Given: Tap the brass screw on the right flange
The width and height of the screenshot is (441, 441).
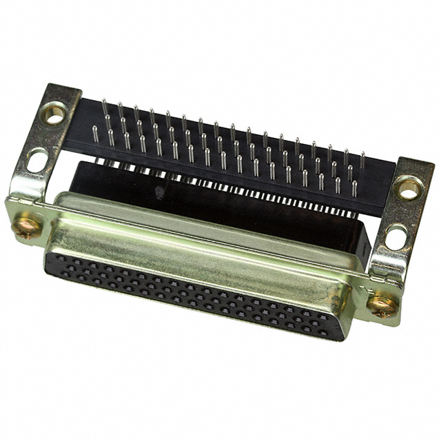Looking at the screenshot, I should [x=382, y=305].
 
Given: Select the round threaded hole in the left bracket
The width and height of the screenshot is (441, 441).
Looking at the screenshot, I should [x=54, y=112].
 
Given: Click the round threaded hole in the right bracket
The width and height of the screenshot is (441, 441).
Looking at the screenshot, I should [x=409, y=187].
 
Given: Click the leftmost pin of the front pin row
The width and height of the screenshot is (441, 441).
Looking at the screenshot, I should [x=95, y=134].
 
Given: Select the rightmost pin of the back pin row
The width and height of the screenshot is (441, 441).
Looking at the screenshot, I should [x=362, y=160].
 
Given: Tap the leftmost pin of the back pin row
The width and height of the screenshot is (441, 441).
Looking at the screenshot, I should [x=104, y=106].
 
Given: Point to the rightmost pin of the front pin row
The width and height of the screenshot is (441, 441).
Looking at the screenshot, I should [x=355, y=188].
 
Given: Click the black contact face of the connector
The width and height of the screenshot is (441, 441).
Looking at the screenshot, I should [x=193, y=293].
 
